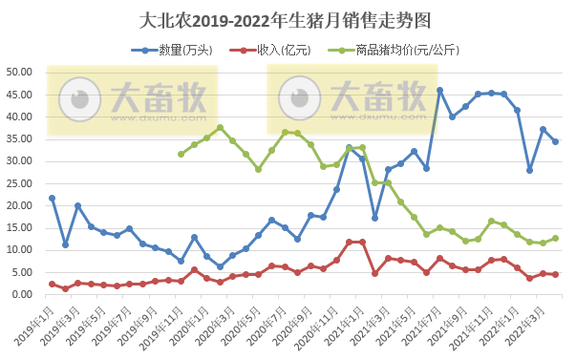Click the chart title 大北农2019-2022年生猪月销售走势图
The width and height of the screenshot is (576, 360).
(x=287, y=19)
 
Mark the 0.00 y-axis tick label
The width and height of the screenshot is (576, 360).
(x=22, y=295)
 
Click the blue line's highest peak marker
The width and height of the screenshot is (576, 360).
(x=439, y=91)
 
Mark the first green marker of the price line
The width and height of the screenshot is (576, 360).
(x=181, y=154)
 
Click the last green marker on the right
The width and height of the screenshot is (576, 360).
(x=556, y=239)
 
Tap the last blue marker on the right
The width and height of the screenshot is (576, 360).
(x=556, y=141)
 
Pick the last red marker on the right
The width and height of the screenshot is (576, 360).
(x=556, y=275)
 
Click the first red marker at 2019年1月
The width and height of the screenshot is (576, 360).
(x=52, y=284)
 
